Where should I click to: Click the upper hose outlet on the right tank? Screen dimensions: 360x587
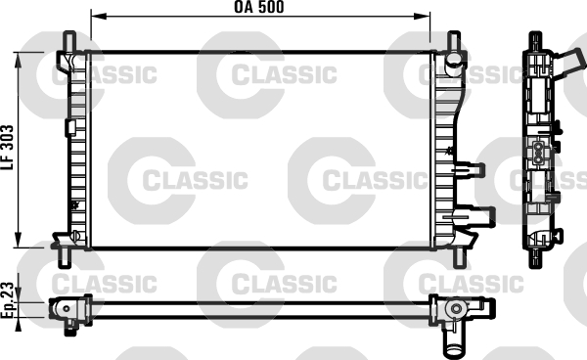475,167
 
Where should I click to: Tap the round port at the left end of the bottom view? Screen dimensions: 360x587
66,309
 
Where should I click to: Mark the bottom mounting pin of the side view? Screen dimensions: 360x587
536,256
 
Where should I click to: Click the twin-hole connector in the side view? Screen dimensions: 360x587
539,153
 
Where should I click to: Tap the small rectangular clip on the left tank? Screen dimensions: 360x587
69,127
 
